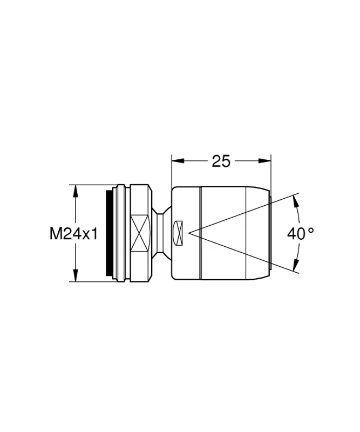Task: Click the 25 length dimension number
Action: click(x=221, y=161)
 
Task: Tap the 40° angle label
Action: click(x=300, y=234)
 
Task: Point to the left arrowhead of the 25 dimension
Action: click(x=178, y=160)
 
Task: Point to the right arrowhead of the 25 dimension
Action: click(x=265, y=160)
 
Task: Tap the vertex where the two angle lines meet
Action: click(x=189, y=233)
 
